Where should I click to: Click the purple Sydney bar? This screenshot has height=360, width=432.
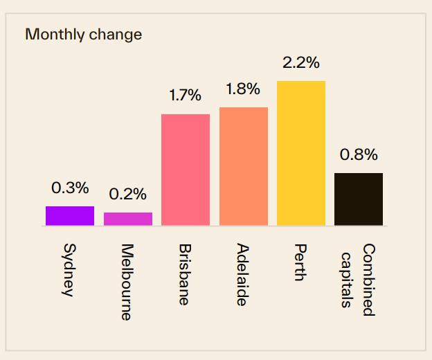[x=70, y=216]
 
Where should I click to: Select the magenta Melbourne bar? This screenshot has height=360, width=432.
[x=128, y=219]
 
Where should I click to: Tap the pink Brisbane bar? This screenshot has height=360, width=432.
[x=186, y=170]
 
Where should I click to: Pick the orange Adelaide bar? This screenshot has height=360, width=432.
[x=244, y=166]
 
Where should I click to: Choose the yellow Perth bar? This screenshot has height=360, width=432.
[x=301, y=153]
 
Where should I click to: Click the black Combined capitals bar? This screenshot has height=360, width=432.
[x=359, y=199]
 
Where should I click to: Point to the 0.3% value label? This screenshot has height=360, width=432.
[x=70, y=188]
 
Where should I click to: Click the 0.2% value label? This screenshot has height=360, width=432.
[x=128, y=195]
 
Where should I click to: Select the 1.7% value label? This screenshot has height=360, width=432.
[x=186, y=96]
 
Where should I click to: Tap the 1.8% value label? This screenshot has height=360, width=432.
[x=243, y=89]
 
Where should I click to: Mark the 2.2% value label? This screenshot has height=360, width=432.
[x=301, y=62]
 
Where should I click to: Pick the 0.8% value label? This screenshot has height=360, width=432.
[x=359, y=154]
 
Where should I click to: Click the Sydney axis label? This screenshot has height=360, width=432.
[x=69, y=269]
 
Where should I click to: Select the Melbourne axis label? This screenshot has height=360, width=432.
[x=126, y=282]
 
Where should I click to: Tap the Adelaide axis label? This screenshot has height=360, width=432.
[x=242, y=274]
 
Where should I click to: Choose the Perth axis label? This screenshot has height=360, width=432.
[x=299, y=262]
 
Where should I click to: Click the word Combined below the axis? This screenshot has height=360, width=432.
[x=368, y=280]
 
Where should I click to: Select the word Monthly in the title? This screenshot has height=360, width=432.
[x=55, y=34]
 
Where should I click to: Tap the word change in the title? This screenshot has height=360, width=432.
[x=115, y=34]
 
